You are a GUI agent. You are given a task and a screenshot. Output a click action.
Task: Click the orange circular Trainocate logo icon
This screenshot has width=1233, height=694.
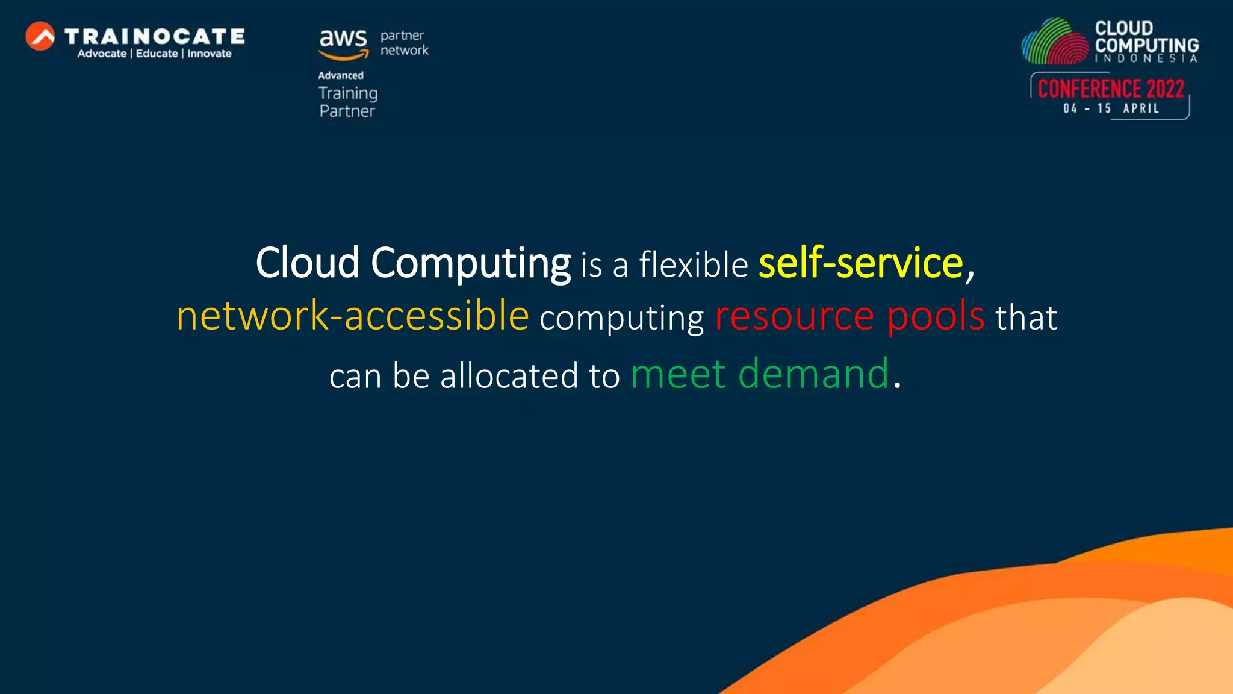40,36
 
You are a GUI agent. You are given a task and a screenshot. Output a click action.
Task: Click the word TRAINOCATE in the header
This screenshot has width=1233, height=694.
155,37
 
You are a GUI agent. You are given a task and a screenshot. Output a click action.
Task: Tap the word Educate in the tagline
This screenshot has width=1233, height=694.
157,54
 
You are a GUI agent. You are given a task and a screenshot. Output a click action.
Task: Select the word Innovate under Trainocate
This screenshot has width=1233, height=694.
209,54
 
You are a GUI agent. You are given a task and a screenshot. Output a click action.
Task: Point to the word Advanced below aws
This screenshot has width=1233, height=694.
341,75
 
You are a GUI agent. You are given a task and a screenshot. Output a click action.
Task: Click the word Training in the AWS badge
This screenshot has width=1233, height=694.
348,93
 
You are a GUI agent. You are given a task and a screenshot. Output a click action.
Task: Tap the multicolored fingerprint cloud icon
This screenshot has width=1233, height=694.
1055,42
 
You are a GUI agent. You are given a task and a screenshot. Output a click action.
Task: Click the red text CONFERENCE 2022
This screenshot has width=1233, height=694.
1111,89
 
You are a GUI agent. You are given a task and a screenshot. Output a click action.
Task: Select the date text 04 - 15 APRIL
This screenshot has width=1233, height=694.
1111,108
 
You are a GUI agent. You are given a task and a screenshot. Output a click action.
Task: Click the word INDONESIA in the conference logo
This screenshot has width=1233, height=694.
1146,58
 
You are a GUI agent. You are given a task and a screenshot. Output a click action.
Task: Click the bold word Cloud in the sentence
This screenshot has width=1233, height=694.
308,263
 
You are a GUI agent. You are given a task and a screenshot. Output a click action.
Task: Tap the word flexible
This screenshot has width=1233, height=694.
694,264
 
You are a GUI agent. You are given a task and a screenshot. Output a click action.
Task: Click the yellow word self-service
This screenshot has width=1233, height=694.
861,263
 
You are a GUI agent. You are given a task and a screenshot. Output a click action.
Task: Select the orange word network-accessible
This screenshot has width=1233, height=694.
353,316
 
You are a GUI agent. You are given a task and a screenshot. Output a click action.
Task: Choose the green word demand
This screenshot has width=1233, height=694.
813,374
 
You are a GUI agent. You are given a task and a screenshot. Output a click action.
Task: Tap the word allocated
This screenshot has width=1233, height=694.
509,376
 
